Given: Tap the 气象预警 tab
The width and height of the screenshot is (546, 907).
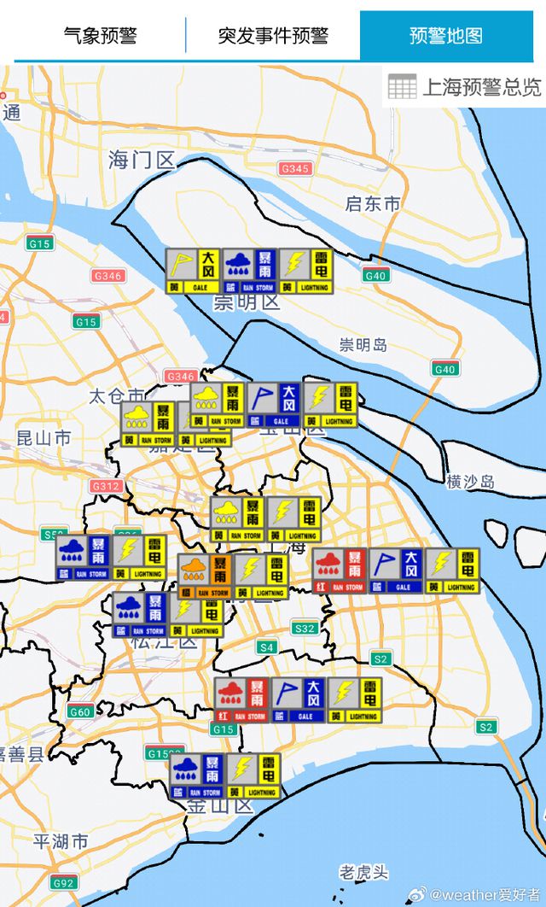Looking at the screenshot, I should pyautogui.click(x=100, y=36).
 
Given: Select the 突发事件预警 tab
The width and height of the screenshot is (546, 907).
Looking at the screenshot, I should pyautogui.click(x=273, y=36).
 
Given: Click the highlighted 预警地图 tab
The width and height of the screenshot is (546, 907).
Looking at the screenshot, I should pyautogui.click(x=446, y=36).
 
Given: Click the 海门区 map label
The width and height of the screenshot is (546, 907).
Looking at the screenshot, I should pyautogui.click(x=142, y=160).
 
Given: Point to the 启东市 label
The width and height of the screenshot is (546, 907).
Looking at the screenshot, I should pyautogui.click(x=373, y=204).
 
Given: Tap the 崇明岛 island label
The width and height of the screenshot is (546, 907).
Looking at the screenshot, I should pyautogui.click(x=363, y=345).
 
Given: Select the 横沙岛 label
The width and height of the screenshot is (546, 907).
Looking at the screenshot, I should pyautogui.click(x=470, y=482).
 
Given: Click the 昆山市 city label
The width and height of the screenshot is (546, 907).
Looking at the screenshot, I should pyautogui.click(x=44, y=439).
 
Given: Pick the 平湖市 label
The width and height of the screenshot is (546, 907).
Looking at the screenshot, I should pyautogui.click(x=61, y=841).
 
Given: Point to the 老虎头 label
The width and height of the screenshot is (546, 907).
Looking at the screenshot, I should pyautogui.click(x=363, y=872).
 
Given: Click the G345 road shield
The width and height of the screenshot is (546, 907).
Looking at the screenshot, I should pyautogui.click(x=294, y=169).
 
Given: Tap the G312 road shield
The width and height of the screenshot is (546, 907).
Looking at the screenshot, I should pyautogui.click(x=106, y=486).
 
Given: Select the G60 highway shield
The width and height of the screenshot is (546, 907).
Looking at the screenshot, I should pyautogui.click(x=80, y=711).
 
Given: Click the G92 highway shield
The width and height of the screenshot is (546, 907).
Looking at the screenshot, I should pyautogui.click(x=63, y=883).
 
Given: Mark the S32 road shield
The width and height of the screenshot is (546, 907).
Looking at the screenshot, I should pyautogui.click(x=305, y=628).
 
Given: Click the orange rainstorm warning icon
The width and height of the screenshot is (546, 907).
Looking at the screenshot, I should pyautogui.click(x=205, y=576).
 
